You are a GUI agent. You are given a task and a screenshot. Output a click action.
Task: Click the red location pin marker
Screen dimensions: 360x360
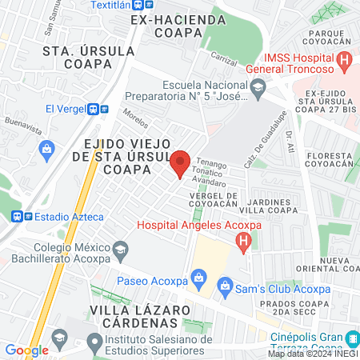[180, 164]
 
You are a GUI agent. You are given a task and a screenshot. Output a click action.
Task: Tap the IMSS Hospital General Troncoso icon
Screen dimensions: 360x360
[345, 58]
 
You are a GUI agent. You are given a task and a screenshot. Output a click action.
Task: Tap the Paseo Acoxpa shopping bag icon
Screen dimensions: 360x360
[200, 281]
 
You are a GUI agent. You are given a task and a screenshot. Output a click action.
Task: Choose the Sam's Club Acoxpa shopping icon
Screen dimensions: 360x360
[226, 285]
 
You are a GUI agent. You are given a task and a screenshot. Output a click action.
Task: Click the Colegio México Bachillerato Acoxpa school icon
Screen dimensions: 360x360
[120, 249]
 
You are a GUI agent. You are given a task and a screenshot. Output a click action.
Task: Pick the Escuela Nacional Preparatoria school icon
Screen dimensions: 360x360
[258, 92]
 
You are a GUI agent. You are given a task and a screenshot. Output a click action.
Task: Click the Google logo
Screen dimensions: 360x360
[26, 350]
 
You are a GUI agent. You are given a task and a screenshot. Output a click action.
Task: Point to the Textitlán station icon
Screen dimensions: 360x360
[136, 4]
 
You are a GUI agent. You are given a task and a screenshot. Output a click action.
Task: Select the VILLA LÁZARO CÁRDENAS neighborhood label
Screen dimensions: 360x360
[133, 315]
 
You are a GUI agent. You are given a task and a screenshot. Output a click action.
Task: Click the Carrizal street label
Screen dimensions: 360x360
[224, 58]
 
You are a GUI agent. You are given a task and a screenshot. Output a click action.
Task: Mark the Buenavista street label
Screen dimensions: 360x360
[22, 124]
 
